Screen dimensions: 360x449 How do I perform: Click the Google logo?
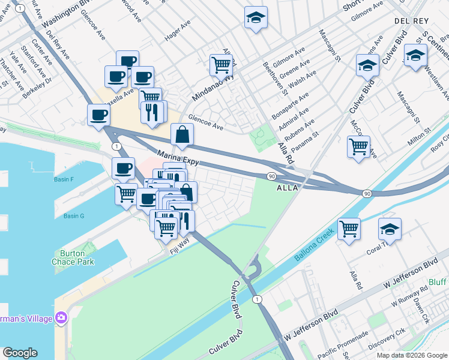[x=20, y=353]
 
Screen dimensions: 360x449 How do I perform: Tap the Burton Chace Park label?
[x=73, y=258]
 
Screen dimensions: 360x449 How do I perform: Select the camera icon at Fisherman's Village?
[x=61, y=317]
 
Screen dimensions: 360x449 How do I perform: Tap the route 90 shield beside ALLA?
[x=272, y=175]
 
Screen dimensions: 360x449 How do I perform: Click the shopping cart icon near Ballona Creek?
[x=349, y=229]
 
